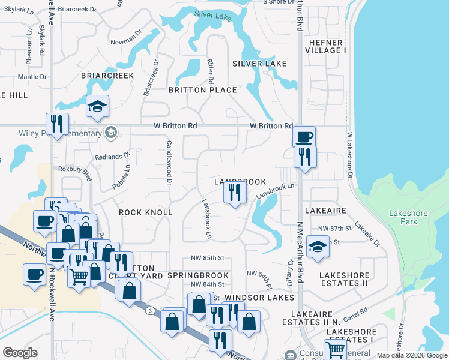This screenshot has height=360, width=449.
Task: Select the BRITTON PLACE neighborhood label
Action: (202, 90)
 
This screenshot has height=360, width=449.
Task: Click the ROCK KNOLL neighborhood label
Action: (145, 212)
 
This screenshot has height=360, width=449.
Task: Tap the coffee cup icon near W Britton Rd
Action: (304, 137)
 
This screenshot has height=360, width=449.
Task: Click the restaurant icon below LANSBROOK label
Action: (234, 193)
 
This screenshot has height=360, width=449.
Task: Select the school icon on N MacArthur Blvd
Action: (318, 247)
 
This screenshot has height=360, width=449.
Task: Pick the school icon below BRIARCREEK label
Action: (97, 107)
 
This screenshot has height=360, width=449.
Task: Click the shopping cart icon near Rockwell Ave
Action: (79, 277)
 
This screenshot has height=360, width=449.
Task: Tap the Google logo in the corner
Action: (20, 353)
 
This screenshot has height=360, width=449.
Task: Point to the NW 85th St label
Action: (208, 258)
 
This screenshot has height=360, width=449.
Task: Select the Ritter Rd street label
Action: (211, 71)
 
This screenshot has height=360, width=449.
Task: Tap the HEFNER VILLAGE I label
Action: (325, 46)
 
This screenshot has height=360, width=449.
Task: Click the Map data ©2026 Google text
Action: (411, 355)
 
